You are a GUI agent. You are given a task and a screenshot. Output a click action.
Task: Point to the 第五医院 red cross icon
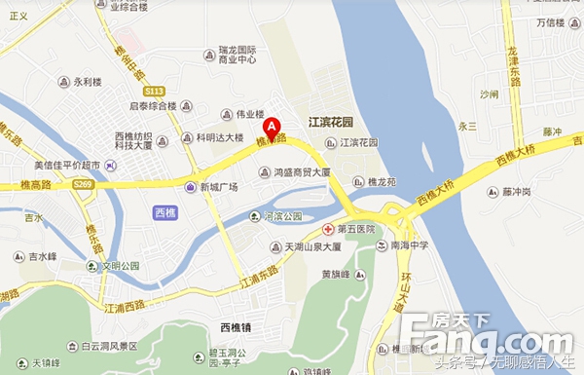coord(328,228)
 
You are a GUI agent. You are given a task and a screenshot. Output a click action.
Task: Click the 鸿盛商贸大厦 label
coord(301,172)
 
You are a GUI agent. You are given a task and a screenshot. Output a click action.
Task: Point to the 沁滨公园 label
coord(283,215)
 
